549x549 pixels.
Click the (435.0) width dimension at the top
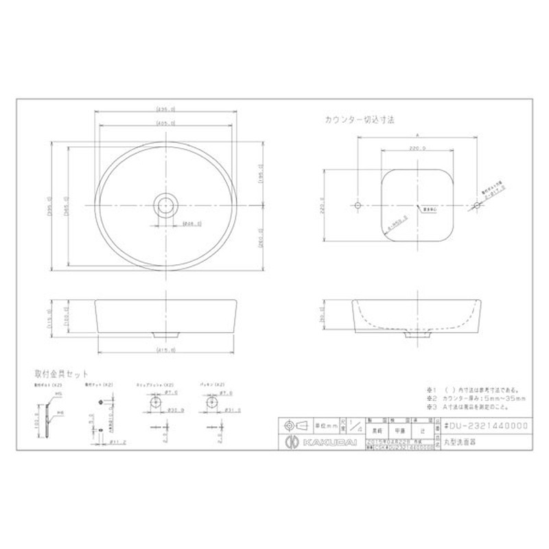[x=167, y=109]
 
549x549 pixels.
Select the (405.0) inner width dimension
[x=167, y=124]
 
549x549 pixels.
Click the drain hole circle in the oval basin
[x=166, y=205]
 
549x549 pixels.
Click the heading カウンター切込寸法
[x=360, y=119]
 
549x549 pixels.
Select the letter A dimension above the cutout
[x=417, y=135]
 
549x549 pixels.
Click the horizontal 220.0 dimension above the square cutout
[x=417, y=148]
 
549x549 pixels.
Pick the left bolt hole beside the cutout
[x=358, y=205]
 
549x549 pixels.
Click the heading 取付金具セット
[x=61, y=374]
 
